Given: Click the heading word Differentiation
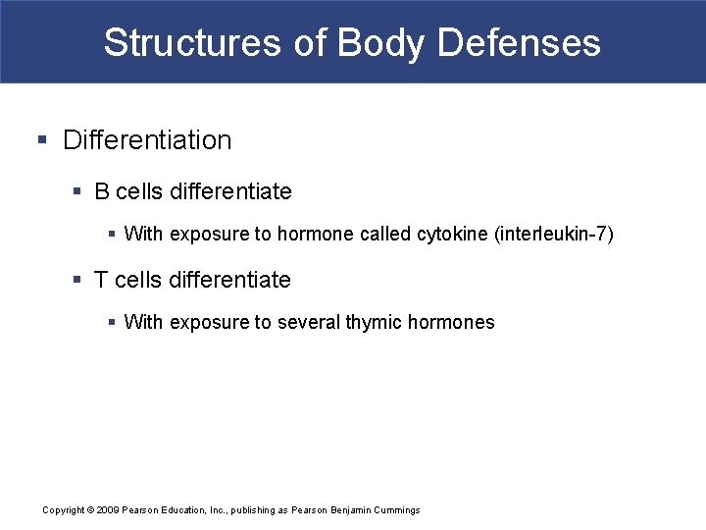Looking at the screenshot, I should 147,140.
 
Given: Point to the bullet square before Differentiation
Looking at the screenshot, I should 41,140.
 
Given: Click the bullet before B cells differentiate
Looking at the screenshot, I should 77,191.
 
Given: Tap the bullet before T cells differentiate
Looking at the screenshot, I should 77,280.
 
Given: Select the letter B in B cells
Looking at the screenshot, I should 102,191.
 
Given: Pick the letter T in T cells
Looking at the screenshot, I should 101,280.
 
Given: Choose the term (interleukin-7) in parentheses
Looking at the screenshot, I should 555,235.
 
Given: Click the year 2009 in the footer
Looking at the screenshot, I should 108,510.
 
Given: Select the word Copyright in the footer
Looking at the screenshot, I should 64,510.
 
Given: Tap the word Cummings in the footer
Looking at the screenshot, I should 397,510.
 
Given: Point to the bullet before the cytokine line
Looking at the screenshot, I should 112,235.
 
